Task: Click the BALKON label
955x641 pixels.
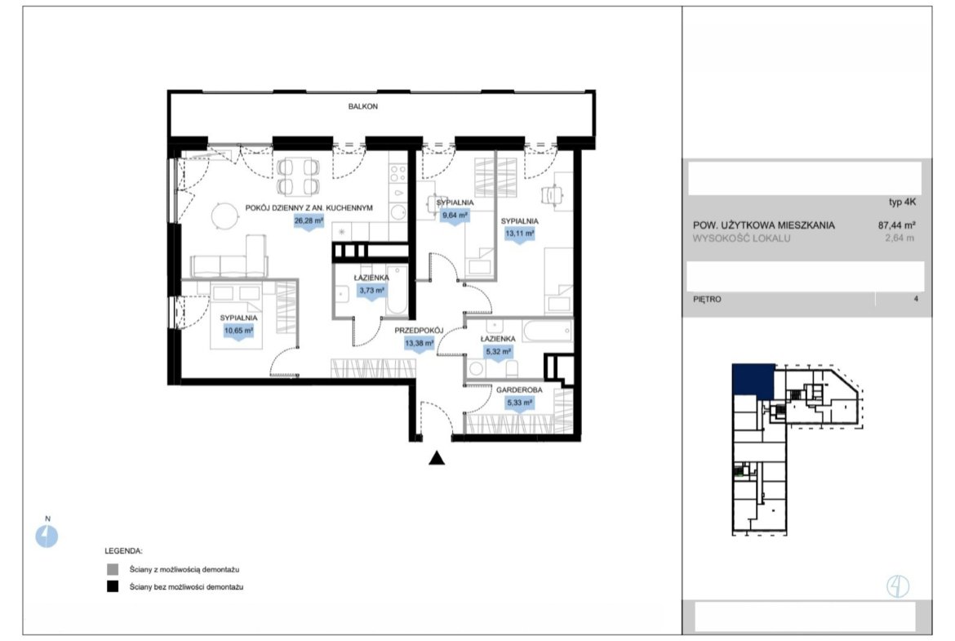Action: click(x=363, y=106)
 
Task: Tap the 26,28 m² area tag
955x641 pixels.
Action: click(x=309, y=221)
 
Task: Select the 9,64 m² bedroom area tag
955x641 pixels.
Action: click(x=455, y=216)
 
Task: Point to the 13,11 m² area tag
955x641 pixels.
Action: click(x=519, y=234)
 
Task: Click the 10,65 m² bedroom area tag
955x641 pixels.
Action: click(x=238, y=332)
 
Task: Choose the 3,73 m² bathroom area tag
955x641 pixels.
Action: click(x=371, y=292)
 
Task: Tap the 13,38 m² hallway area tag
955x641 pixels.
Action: click(x=419, y=344)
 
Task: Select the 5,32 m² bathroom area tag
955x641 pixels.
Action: click(x=498, y=352)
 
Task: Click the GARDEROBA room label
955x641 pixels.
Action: click(x=519, y=390)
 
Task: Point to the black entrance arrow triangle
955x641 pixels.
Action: click(x=437, y=458)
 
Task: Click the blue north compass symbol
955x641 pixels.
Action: click(x=47, y=536)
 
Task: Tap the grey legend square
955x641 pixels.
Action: click(x=113, y=570)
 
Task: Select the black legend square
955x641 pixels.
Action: click(x=113, y=587)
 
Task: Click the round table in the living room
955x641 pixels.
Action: click(x=224, y=215)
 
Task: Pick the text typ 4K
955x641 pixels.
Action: click(x=902, y=203)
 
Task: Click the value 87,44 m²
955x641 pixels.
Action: click(x=896, y=225)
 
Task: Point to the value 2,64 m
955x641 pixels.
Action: click(x=899, y=238)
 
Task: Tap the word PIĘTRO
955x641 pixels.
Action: click(x=707, y=299)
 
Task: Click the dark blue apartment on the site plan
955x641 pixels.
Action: click(x=753, y=381)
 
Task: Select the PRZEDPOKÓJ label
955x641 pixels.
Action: click(x=419, y=331)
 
